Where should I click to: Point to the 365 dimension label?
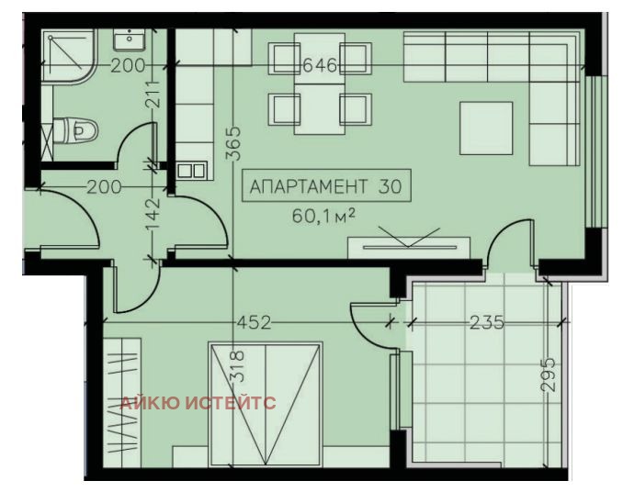pyautogui.click(x=233, y=143)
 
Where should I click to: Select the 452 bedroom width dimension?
pyautogui.click(x=255, y=322)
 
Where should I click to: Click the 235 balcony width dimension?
pyautogui.click(x=486, y=322)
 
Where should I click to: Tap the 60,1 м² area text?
pyautogui.click(x=323, y=218)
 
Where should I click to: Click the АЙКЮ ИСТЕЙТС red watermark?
pyautogui.click(x=198, y=403)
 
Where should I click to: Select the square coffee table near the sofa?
pyautogui.click(x=486, y=127)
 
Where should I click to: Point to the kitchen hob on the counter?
pyautogui.click(x=192, y=170)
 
